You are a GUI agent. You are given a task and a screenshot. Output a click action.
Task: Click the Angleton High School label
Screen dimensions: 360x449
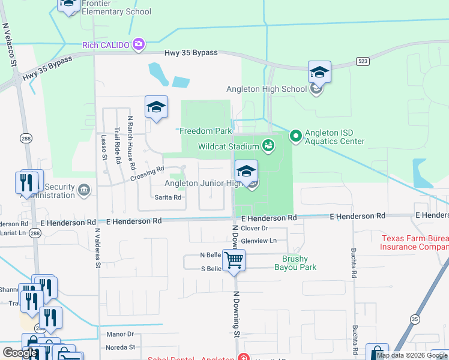click(x=267, y=89)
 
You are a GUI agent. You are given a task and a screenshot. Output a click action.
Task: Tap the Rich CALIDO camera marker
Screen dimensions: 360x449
click(x=139, y=44)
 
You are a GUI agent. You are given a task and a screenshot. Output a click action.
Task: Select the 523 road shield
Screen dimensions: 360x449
click(x=362, y=61)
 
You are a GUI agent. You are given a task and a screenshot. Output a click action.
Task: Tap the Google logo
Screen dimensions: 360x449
click(x=20, y=353)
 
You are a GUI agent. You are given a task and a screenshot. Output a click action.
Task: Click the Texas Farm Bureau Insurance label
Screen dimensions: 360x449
click(x=415, y=242)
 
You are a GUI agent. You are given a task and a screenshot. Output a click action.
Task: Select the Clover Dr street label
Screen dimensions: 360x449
click(x=254, y=229)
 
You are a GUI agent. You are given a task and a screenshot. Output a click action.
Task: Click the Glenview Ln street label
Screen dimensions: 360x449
click(x=258, y=241)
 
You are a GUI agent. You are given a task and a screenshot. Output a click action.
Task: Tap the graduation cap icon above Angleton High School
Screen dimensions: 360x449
click(x=319, y=73)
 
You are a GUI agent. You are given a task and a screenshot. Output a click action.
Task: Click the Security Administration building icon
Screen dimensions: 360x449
click(x=84, y=190)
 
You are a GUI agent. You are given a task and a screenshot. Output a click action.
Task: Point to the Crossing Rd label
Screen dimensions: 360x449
click(x=146, y=174)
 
